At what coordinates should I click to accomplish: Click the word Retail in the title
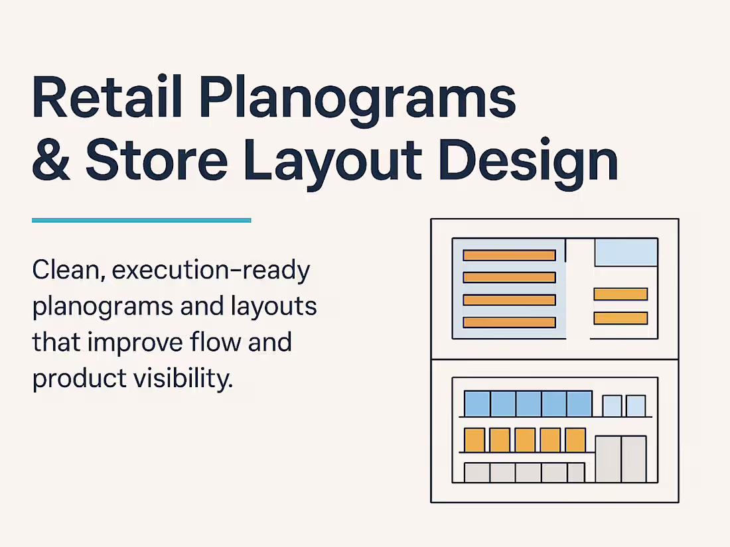(x=108, y=98)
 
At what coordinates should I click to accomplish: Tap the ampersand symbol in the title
(x=52, y=160)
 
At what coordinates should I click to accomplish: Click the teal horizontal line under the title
(x=141, y=220)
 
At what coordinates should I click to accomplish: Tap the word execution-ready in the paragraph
(x=211, y=271)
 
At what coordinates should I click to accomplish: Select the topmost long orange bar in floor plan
(x=509, y=255)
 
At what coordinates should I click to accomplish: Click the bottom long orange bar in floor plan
(x=509, y=322)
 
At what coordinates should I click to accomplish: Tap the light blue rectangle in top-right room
(x=626, y=253)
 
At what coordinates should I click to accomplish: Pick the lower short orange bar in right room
(x=620, y=318)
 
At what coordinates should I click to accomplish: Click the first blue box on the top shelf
(x=476, y=403)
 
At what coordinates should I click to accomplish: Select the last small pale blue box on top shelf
(x=636, y=406)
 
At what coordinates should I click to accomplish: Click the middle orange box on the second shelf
(x=524, y=440)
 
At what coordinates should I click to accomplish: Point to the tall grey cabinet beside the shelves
(x=620, y=459)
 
